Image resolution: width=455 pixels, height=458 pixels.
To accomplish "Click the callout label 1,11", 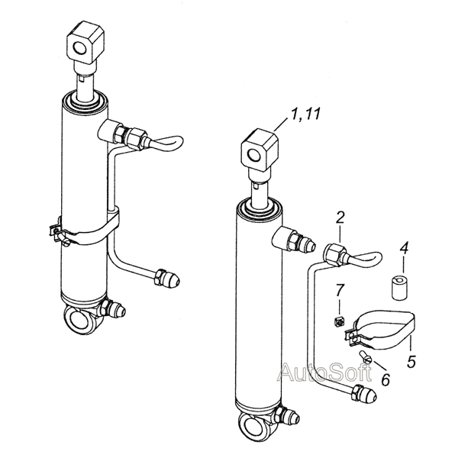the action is click(x=305, y=113).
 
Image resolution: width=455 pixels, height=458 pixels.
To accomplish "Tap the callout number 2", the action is click(x=340, y=218).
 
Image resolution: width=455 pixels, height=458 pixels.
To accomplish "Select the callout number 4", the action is click(x=404, y=249).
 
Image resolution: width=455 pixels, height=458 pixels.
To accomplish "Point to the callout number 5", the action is click(x=411, y=362).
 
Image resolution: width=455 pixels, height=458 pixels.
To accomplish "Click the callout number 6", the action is click(x=386, y=379).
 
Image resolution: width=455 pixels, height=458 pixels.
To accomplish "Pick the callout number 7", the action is click(x=340, y=289).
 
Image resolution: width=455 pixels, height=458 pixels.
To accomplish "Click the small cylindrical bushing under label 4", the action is click(x=400, y=289).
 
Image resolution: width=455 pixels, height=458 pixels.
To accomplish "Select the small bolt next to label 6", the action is click(x=364, y=357).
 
